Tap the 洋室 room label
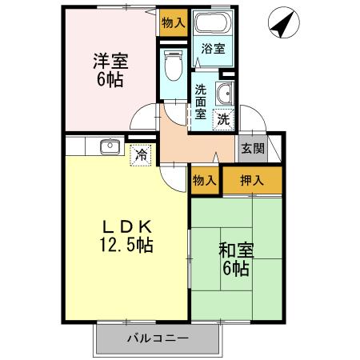pos(110,61)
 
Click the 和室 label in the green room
pos(236,250)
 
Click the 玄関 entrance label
pos(253,149)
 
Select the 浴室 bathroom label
pos(213,49)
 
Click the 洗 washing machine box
pos(224,118)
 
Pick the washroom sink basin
pos(224,92)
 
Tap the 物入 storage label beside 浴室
pos(172,22)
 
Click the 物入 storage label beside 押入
pos(205,181)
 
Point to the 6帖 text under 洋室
pos(111,80)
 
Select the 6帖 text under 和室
pos(236,269)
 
